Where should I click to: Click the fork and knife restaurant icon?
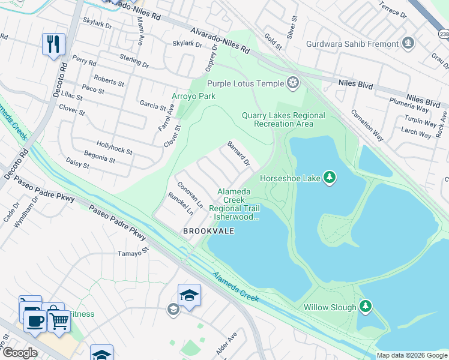click(53, 44)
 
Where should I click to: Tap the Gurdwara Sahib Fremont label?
click(352, 44)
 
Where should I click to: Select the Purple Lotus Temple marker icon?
click(294, 82)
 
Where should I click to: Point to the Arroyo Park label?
click(193, 96)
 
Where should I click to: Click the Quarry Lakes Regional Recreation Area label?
click(283, 119)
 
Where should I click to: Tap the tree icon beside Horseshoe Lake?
click(329, 178)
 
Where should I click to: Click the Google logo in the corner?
click(19, 353)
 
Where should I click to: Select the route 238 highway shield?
click(443, 35)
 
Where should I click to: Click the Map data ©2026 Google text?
click(412, 355)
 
